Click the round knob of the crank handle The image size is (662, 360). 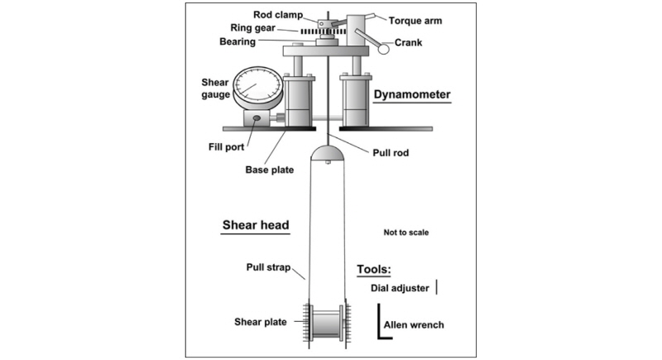click(384, 49)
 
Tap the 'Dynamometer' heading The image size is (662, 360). click(411, 94)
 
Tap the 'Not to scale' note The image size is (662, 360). click(405, 233)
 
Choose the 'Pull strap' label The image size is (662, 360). click(267, 267)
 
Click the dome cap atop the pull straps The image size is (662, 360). click(329, 153)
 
